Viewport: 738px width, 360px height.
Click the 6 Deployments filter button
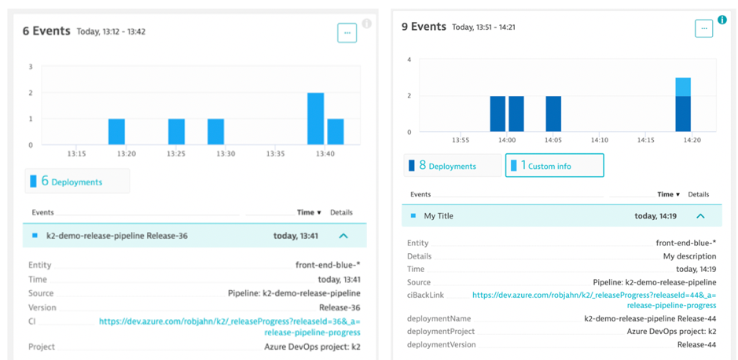pyautogui.click(x=77, y=182)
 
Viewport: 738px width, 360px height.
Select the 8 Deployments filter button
pyautogui.click(x=452, y=166)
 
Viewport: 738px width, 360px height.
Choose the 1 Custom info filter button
pyautogui.click(x=554, y=166)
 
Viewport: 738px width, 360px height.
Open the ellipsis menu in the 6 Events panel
pyautogui.click(x=347, y=33)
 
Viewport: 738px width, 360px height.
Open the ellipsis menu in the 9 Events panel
pyautogui.click(x=703, y=28)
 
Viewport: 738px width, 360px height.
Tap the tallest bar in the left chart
pyautogui.click(x=315, y=118)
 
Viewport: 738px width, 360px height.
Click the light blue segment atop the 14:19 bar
pyautogui.click(x=683, y=86)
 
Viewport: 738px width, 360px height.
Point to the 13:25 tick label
pyautogui.click(x=176, y=154)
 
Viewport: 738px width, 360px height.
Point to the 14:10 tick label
pyautogui.click(x=600, y=140)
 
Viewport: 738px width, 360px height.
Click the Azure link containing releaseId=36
pyautogui.click(x=229, y=326)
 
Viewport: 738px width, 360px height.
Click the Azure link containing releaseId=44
pyautogui.click(x=593, y=299)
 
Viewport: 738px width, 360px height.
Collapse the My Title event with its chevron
pyautogui.click(x=700, y=216)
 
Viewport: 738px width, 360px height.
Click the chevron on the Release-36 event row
pyautogui.click(x=343, y=236)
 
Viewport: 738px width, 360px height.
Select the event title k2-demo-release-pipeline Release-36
pyautogui.click(x=116, y=236)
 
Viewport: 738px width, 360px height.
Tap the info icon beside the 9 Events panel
pyautogui.click(x=721, y=20)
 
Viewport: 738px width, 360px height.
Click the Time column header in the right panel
pyautogui.click(x=667, y=194)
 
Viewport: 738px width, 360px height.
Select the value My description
pyautogui.click(x=689, y=256)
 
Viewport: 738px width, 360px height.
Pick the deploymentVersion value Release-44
pyautogui.click(x=696, y=344)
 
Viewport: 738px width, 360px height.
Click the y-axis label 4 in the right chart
pyautogui.click(x=409, y=60)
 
